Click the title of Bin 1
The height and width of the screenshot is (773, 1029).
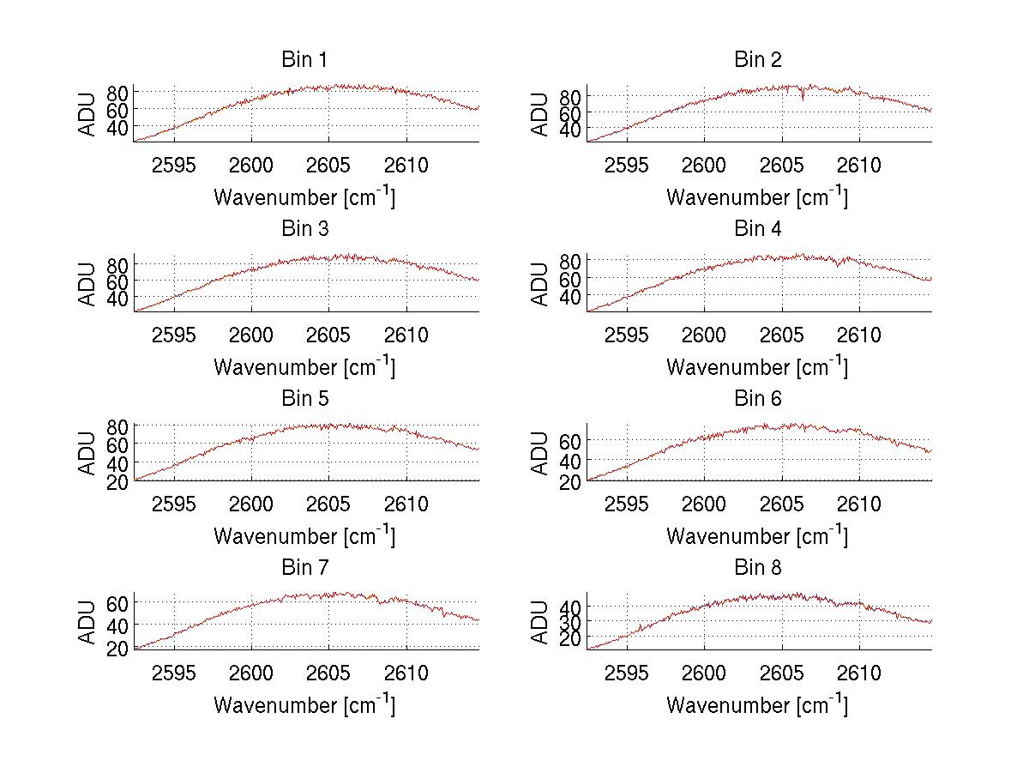tap(304, 59)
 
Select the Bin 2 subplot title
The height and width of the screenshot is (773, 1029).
tap(758, 59)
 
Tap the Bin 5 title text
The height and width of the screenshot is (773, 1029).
tap(304, 398)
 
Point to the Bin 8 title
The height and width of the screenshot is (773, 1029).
tap(758, 567)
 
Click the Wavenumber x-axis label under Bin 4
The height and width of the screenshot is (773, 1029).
tap(757, 367)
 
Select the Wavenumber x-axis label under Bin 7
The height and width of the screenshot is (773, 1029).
tap(304, 705)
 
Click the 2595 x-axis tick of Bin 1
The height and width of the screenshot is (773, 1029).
tap(175, 166)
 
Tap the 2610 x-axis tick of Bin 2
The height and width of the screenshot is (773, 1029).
tap(860, 166)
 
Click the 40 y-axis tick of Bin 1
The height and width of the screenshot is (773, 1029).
tap(117, 127)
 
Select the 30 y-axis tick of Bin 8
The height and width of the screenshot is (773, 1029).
tap(570, 620)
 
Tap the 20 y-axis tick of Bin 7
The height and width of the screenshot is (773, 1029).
tap(117, 647)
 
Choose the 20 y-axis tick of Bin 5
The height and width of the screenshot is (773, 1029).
tap(117, 481)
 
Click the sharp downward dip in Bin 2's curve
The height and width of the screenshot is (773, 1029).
tap(803, 99)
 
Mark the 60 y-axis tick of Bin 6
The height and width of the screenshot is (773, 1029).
tap(570, 440)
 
